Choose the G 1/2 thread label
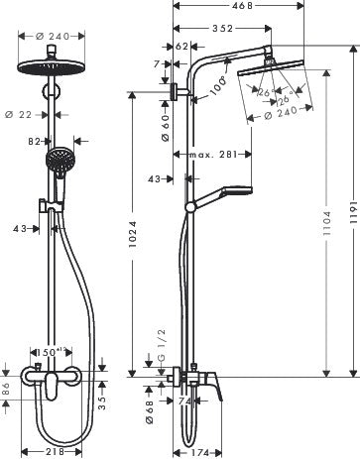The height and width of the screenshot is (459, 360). [x=163, y=349]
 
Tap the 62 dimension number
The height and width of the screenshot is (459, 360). [x=182, y=46]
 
